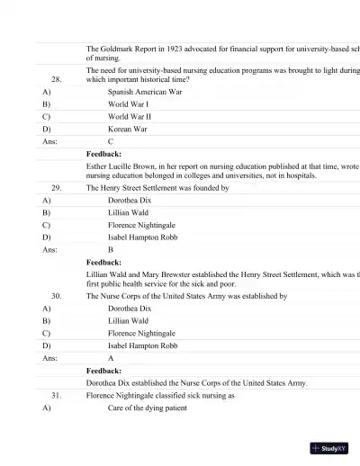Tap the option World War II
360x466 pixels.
(130, 117)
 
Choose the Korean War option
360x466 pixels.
(128, 130)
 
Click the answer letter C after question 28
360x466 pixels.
(111, 142)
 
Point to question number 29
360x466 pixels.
(56, 188)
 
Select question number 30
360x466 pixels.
(56, 295)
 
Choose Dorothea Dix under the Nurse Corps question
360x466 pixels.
(130, 308)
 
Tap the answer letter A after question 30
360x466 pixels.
(111, 358)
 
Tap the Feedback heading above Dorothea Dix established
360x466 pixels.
(116, 370)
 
